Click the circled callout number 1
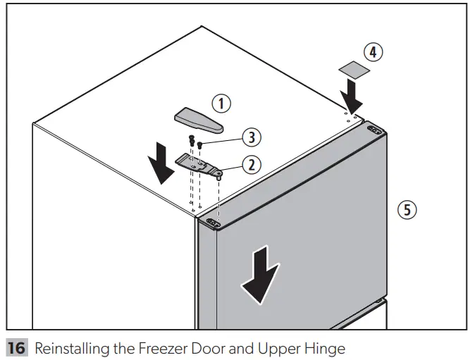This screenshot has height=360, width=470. (222, 104)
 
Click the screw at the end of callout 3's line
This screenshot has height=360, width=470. (200, 145)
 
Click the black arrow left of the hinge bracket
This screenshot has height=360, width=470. (161, 163)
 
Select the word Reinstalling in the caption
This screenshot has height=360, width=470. (68, 348)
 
